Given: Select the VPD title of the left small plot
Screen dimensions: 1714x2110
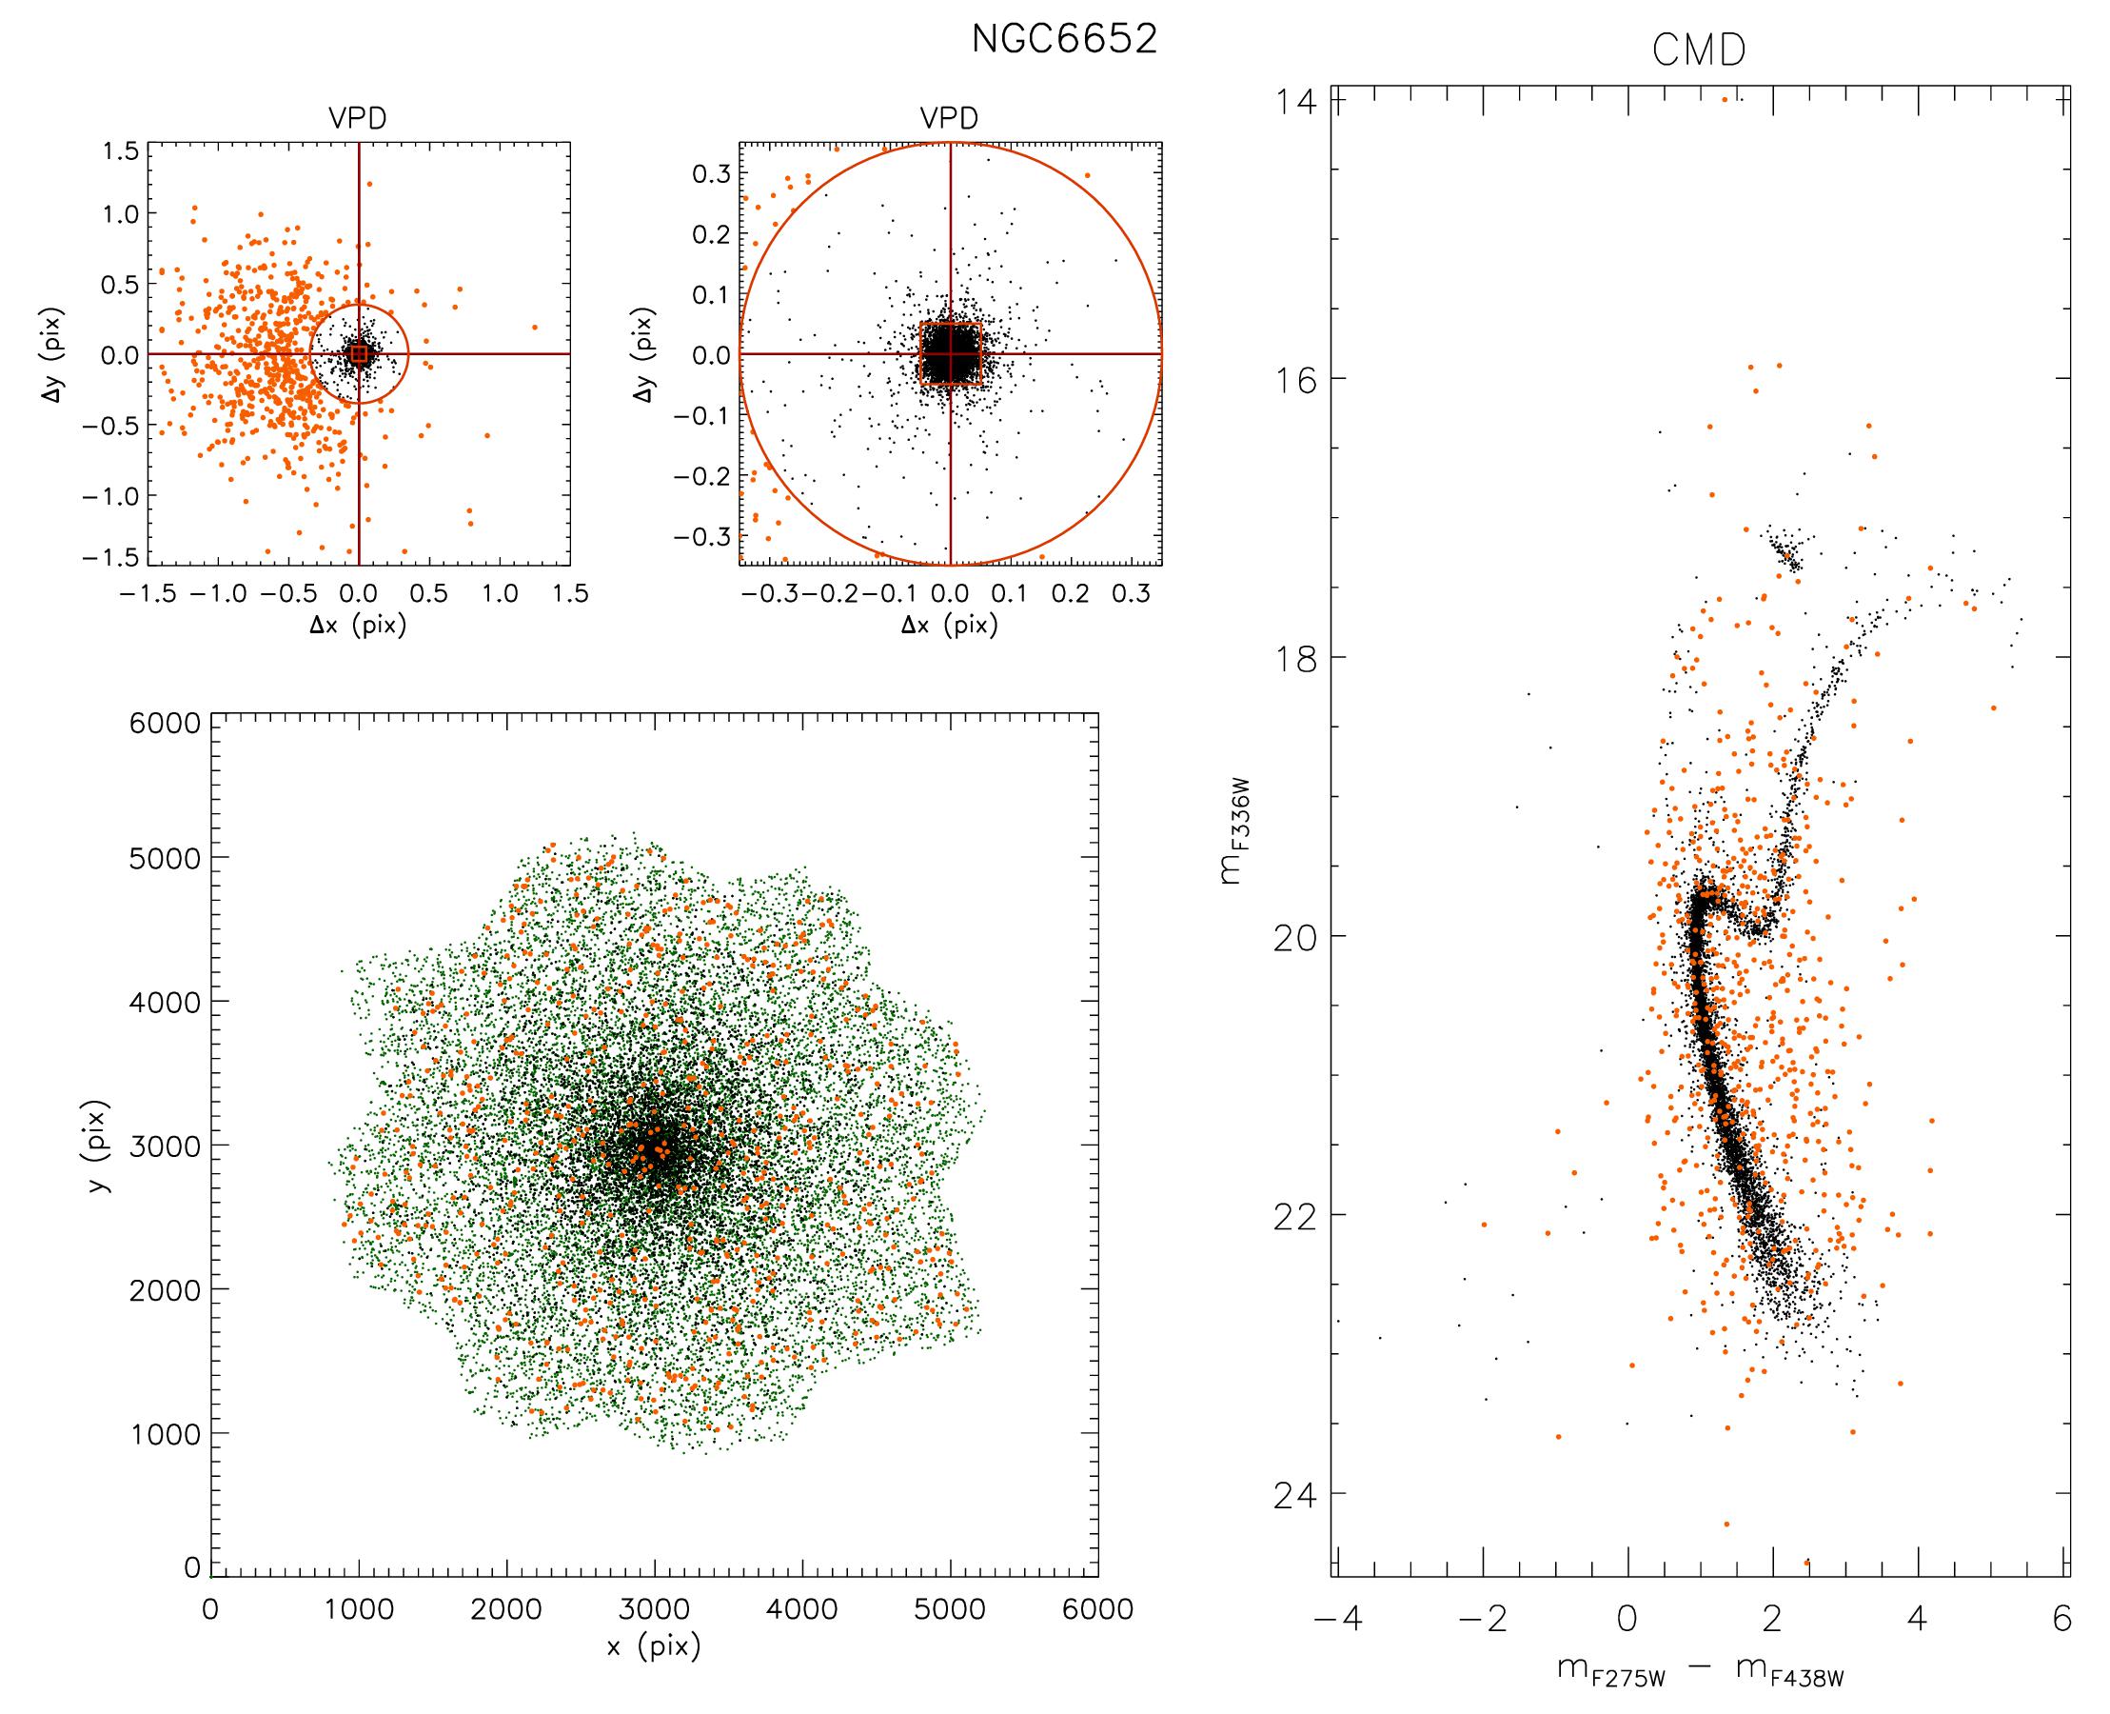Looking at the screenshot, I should tap(357, 118).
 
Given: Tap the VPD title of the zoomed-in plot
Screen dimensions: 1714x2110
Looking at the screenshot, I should tap(949, 118).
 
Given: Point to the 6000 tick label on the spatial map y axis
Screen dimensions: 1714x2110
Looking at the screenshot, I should tap(164, 725).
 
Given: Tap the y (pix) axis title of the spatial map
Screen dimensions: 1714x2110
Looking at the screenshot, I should tap(97, 1146).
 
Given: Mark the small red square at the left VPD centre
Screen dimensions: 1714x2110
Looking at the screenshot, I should tap(358, 353).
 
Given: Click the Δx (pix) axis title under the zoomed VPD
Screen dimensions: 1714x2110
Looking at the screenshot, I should tap(949, 625).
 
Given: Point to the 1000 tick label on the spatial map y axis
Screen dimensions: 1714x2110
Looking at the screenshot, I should tap(164, 1434).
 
